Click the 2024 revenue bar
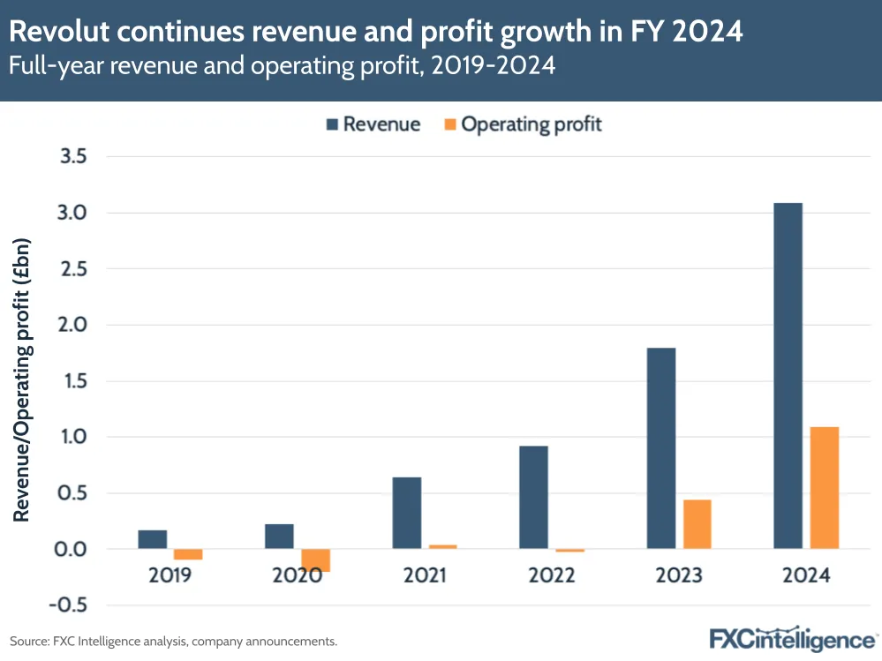pos(788,376)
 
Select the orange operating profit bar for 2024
pos(824,488)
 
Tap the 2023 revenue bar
pos(661,448)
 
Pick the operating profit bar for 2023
pos(697,524)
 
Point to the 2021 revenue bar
pos(407,513)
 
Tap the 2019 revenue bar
pos(153,539)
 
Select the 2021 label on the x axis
pos(425,576)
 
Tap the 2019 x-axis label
pos(170,576)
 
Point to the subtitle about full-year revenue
pos(283,66)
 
